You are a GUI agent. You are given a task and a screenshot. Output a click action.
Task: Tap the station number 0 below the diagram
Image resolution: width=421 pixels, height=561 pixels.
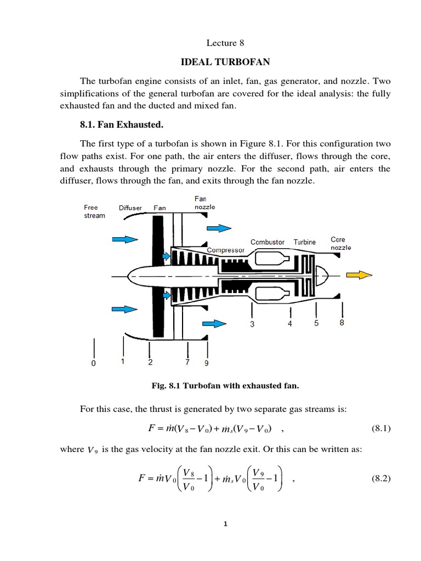(x=93, y=363)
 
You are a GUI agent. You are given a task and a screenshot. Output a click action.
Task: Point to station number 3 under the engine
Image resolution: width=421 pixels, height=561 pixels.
(x=252, y=324)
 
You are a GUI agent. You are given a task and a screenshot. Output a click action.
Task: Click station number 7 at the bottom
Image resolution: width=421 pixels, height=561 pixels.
(x=187, y=362)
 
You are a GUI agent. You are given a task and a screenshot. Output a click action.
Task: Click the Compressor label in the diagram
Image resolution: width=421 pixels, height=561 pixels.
(x=225, y=250)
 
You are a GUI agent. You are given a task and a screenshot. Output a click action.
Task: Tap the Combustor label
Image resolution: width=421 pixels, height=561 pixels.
(x=268, y=242)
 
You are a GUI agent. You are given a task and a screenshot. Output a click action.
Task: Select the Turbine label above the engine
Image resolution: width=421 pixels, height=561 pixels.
(x=304, y=242)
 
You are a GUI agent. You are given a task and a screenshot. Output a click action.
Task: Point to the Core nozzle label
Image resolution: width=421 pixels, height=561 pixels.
(x=340, y=243)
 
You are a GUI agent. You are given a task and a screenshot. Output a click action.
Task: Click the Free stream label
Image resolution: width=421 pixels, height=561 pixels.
(x=94, y=211)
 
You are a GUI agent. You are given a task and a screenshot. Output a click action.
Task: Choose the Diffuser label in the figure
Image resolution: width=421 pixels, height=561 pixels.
(x=130, y=208)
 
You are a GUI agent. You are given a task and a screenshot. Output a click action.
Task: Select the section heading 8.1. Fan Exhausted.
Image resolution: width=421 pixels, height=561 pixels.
(x=122, y=125)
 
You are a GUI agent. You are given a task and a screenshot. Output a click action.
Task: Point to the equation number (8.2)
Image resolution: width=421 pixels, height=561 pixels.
(x=377, y=478)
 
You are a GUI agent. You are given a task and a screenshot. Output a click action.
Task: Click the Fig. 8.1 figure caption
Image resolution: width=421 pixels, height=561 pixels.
(x=225, y=386)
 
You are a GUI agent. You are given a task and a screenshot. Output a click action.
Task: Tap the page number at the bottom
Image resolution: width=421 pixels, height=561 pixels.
(x=225, y=524)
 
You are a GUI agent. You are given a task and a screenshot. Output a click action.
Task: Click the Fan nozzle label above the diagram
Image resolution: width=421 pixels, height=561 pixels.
(x=204, y=203)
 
